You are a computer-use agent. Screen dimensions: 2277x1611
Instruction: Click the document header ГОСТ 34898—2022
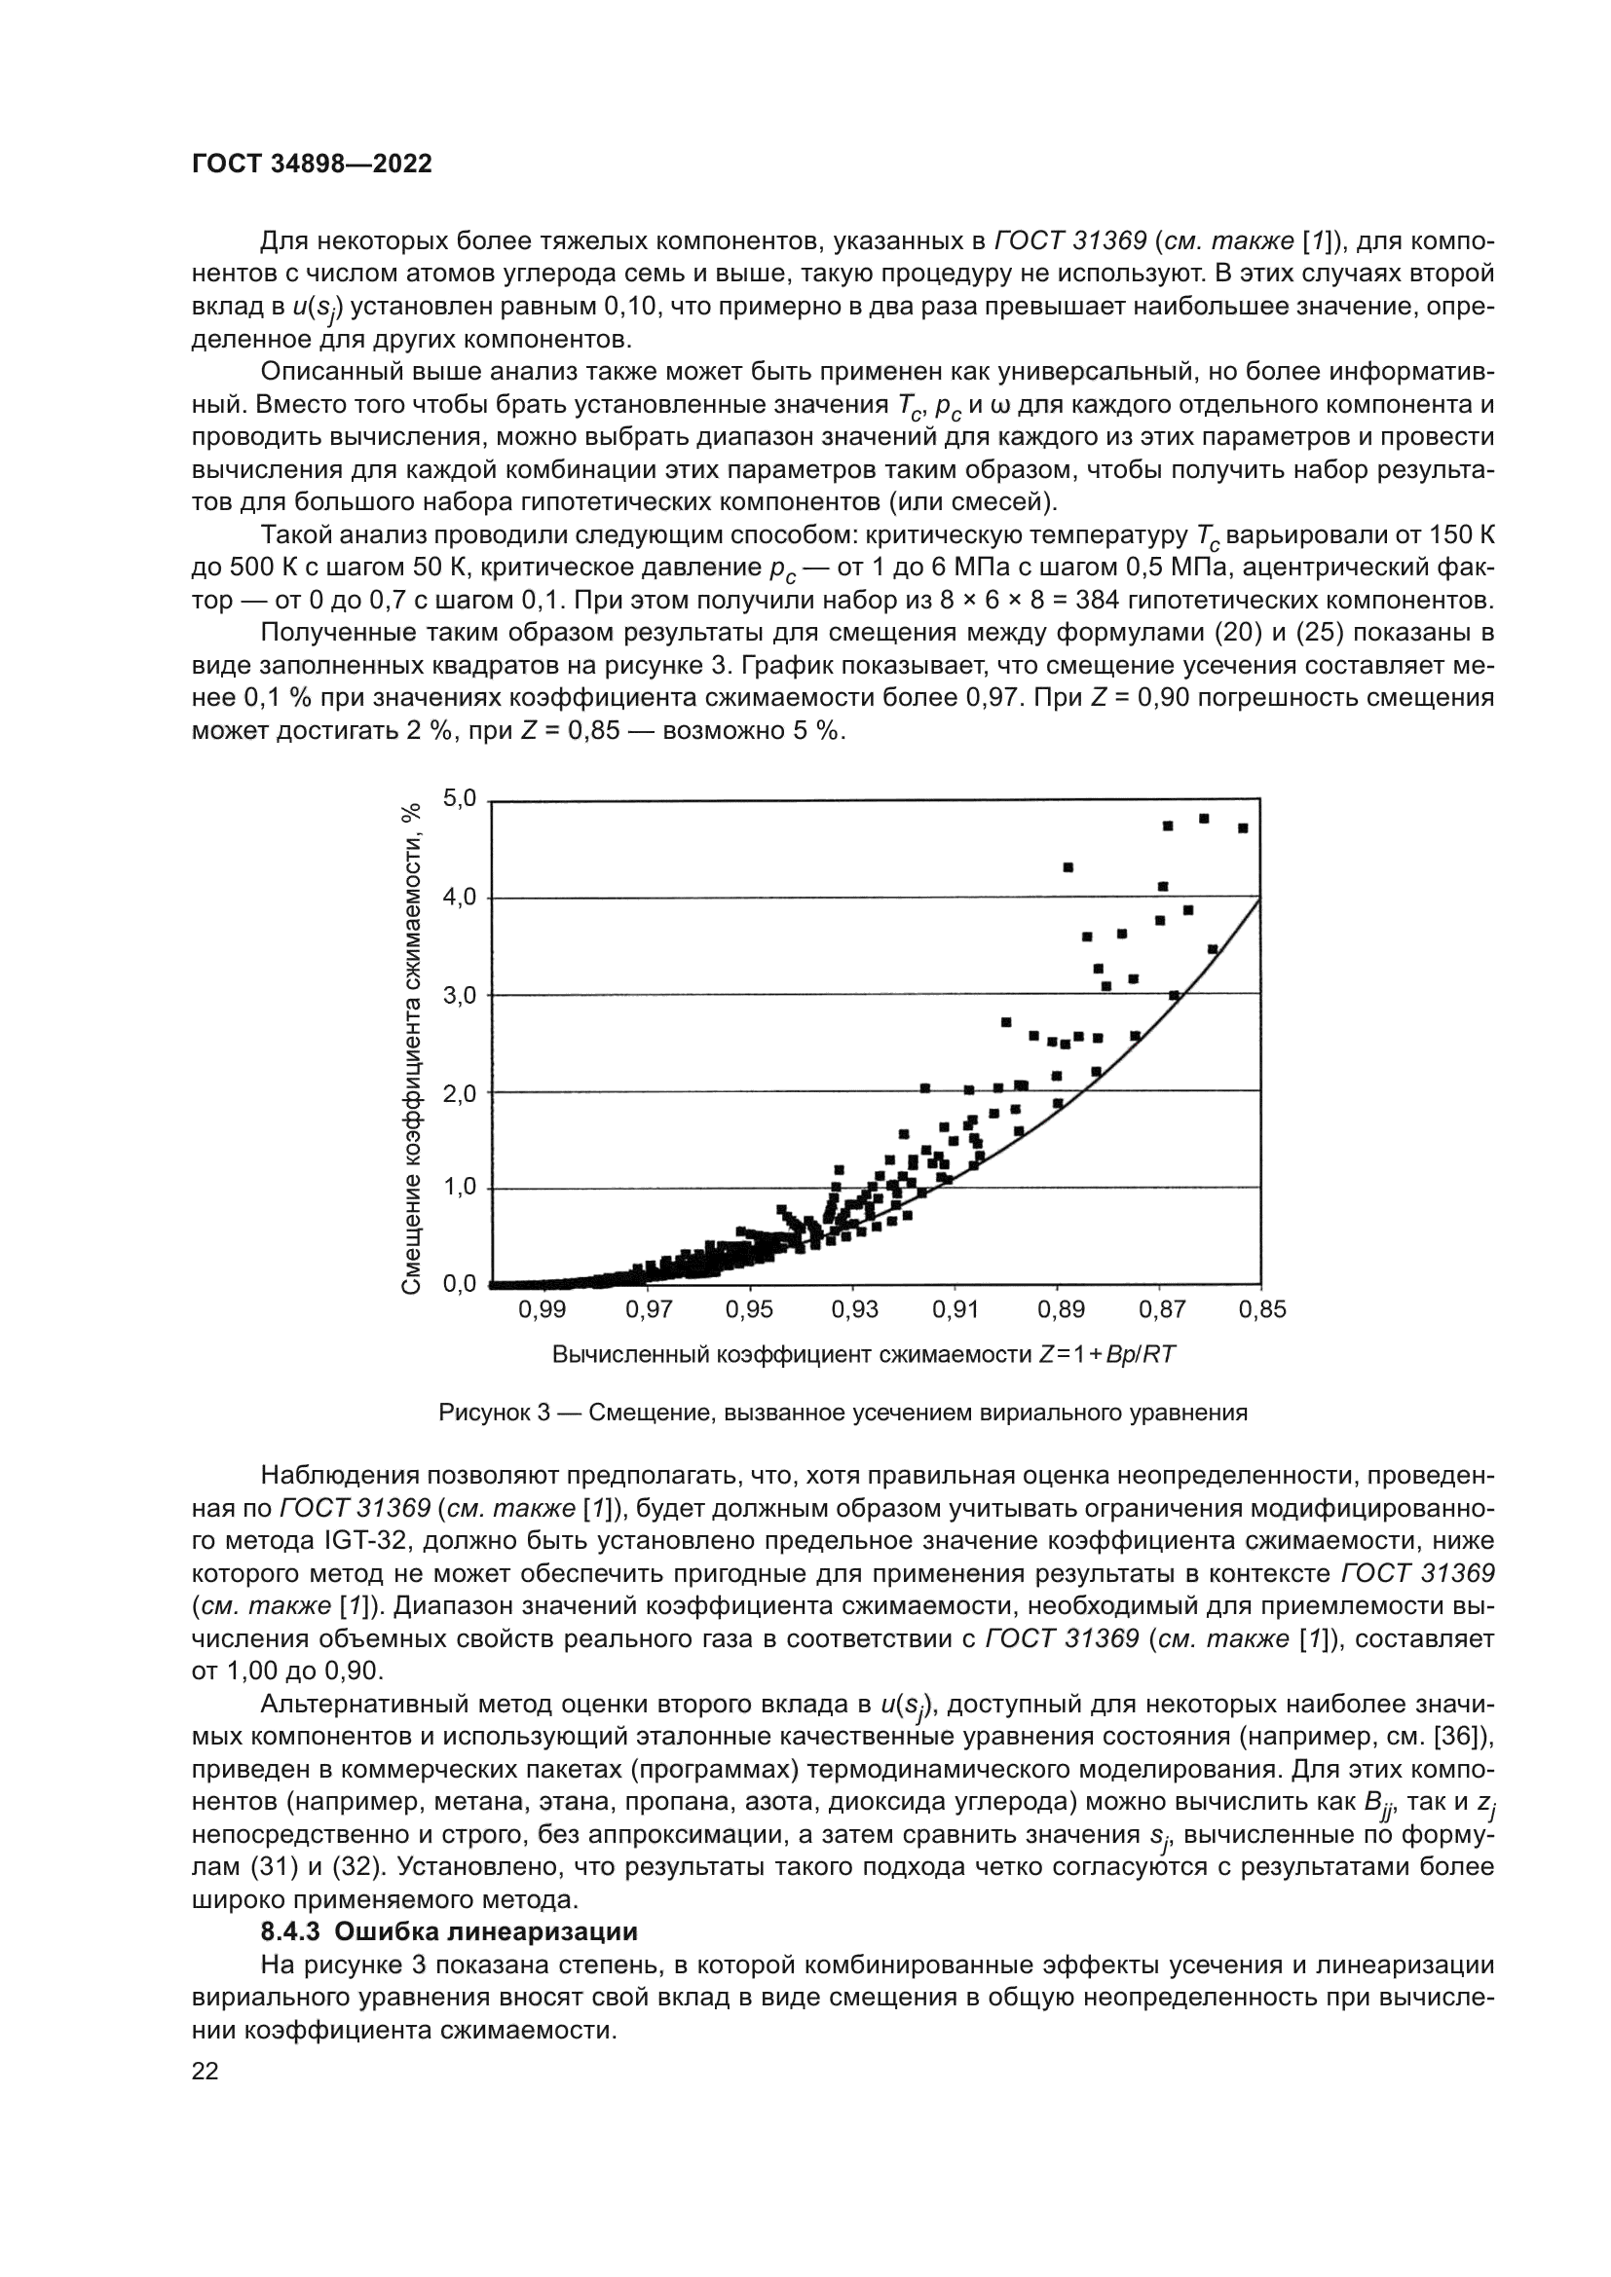312,165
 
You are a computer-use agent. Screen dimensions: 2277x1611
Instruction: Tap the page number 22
206,2071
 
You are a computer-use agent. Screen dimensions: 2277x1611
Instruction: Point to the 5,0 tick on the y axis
460,798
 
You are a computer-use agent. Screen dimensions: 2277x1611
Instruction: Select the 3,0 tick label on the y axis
460,995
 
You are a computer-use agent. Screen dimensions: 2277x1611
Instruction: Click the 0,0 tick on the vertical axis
460,1284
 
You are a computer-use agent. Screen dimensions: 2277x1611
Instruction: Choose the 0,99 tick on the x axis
542,1310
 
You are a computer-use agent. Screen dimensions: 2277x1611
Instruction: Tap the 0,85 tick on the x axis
1261,1310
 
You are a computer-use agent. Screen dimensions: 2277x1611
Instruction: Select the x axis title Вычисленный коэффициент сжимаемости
863,1355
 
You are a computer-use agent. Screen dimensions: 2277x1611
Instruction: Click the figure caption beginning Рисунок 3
843,1414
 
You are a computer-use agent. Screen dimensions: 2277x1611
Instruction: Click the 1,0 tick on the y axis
460,1187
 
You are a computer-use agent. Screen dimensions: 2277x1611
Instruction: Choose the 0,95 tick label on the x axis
749,1310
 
